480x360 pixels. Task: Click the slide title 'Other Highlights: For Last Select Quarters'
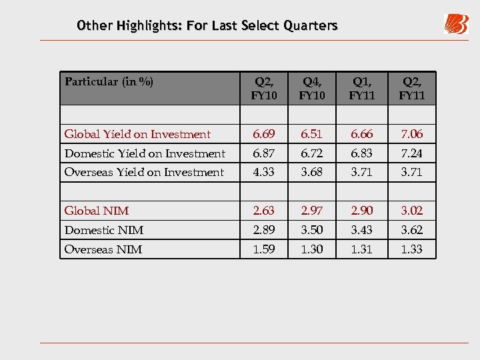[207, 26]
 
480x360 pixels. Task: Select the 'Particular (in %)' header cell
[109, 82]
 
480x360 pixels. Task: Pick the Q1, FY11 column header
[362, 88]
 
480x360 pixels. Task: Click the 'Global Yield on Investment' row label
[137, 134]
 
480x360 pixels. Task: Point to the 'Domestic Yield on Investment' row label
[145, 153]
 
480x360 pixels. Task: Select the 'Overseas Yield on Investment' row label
[144, 172]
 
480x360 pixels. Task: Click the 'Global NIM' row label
[97, 211]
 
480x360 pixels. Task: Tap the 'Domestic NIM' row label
[104, 230]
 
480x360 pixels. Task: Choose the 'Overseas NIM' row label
[103, 249]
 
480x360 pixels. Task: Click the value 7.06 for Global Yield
[411, 134]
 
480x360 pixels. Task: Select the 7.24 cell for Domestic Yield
[411, 153]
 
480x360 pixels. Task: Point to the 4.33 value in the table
[264, 172]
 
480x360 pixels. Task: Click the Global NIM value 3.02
[411, 211]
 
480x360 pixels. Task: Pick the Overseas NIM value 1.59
[264, 249]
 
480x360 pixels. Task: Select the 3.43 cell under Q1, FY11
[362, 230]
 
